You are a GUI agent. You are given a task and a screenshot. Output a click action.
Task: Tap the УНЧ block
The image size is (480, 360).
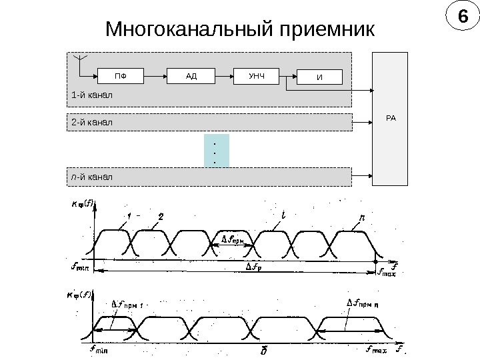[257, 76]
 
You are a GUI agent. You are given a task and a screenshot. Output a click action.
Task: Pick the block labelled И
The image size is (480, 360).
[319, 78]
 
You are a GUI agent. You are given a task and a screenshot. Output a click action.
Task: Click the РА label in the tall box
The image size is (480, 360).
[391, 118]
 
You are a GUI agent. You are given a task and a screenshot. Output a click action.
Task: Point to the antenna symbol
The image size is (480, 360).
[79, 61]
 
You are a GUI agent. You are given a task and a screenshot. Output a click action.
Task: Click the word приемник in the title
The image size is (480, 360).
[323, 30]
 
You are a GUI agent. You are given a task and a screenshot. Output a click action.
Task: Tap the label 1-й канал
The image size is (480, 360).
[92, 96]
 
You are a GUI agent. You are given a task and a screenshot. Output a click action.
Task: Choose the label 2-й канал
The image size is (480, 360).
[92, 123]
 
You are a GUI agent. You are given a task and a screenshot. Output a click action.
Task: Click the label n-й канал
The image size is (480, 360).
[92, 177]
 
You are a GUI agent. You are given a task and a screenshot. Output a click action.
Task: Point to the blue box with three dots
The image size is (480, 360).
[215, 151]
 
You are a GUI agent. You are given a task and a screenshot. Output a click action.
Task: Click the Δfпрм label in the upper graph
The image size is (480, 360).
[233, 239]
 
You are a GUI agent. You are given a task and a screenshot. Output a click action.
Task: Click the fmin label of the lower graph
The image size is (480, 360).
[101, 348]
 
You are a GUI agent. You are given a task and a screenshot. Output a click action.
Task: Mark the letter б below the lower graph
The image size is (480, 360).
[264, 349]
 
